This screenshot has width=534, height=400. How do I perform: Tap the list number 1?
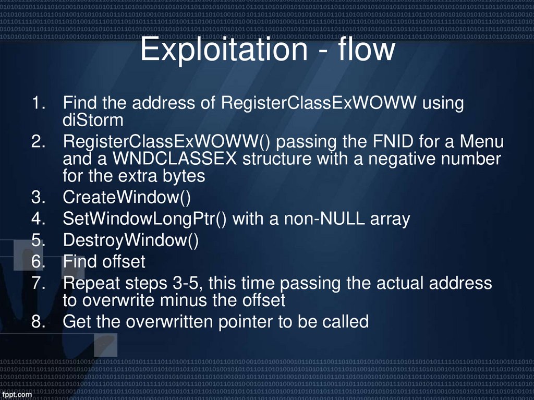click(x=38, y=103)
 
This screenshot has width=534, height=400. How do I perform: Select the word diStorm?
click(x=93, y=120)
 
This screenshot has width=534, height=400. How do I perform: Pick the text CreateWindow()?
click(x=127, y=198)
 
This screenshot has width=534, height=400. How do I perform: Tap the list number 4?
click(x=38, y=219)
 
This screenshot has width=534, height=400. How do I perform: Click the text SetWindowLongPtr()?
click(x=144, y=219)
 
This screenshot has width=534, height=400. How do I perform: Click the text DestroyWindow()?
click(x=130, y=240)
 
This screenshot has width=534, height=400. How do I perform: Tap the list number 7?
click(x=38, y=283)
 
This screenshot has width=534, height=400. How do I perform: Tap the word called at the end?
click(x=345, y=321)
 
